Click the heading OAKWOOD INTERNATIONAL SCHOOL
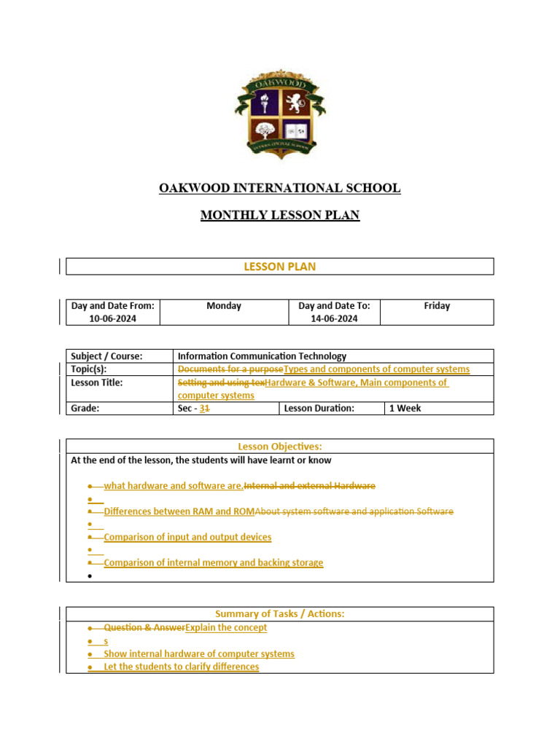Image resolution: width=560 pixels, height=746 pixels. point(279,188)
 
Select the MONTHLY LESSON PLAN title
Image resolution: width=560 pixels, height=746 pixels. point(279,216)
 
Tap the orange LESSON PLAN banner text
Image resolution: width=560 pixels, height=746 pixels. point(279,267)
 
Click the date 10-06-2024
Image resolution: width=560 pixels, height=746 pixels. point(113,318)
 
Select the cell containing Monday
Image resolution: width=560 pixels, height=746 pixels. point(224,306)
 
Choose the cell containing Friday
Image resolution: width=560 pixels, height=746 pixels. point(437,306)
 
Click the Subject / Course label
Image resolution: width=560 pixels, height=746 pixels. point(106,356)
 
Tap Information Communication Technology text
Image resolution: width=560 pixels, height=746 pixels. point(262,356)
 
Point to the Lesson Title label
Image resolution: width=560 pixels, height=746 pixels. point(97,382)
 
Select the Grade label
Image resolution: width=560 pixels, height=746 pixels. point(85,408)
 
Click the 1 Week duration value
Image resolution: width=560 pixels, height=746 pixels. point(405,408)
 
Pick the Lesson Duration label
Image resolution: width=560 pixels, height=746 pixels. point(319,408)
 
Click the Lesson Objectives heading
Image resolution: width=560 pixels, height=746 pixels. point(279,447)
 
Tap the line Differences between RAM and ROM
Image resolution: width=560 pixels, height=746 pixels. point(179,511)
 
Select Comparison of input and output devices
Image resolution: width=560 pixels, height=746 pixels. point(187,537)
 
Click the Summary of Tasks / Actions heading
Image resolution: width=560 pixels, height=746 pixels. point(279,614)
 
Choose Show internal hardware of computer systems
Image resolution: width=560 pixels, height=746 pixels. point(199,653)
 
